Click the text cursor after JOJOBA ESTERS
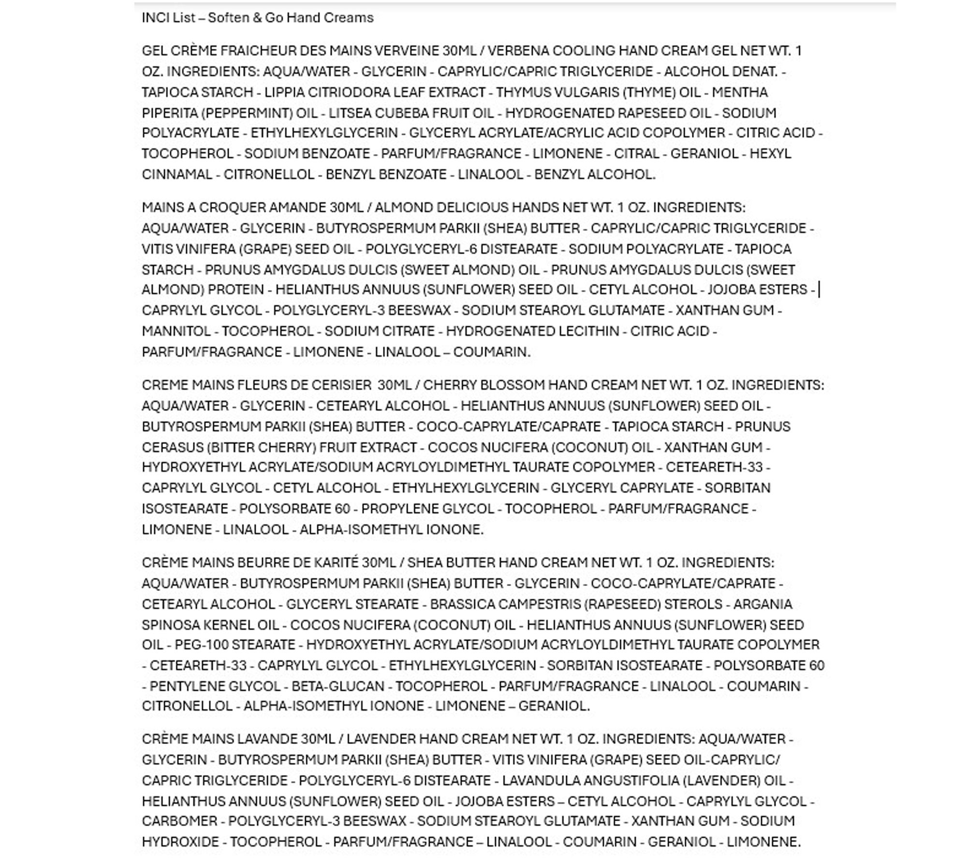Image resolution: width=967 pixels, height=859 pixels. (820, 290)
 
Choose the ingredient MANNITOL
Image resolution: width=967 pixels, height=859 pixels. (176, 331)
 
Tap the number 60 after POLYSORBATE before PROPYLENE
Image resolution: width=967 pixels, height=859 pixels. (341, 509)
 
